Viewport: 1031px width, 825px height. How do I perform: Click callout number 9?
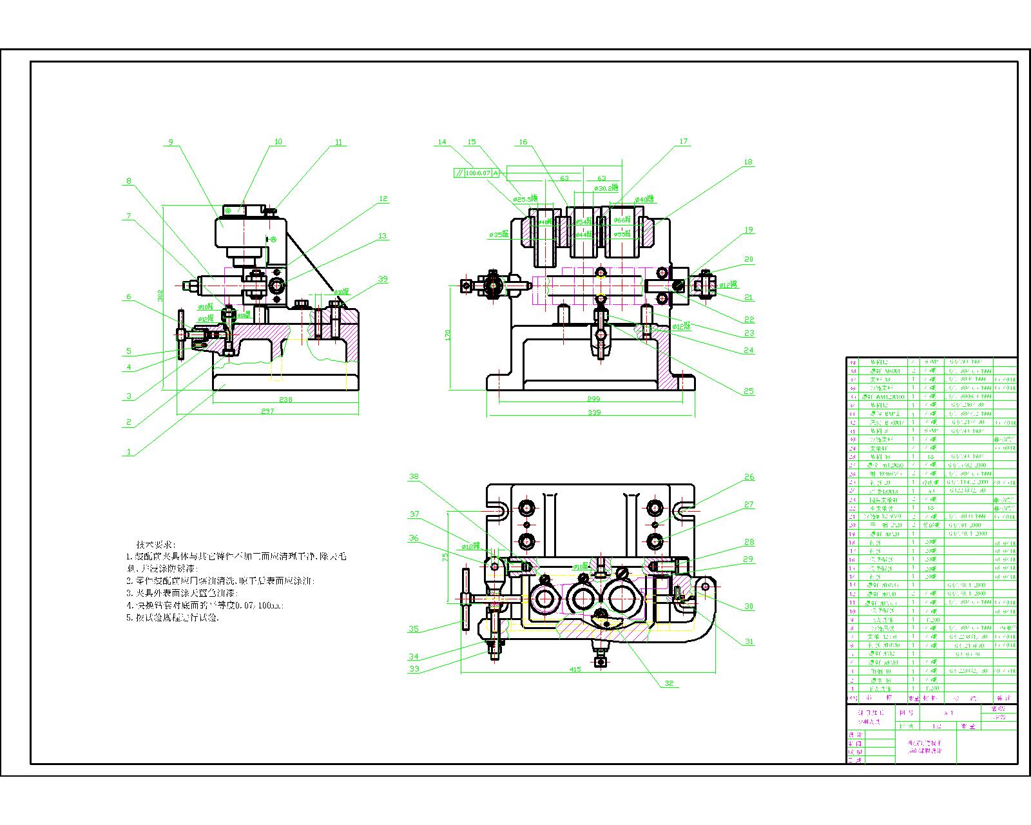click(x=171, y=142)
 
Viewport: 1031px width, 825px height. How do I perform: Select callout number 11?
click(x=339, y=142)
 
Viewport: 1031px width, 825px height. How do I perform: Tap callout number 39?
click(x=383, y=279)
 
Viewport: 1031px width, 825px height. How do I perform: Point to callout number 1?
click(x=129, y=452)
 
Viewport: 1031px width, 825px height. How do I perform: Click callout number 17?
click(x=684, y=141)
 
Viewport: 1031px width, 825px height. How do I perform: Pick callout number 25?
click(x=748, y=391)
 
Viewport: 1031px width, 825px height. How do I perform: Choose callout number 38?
click(x=414, y=477)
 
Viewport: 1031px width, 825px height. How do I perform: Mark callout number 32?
click(x=669, y=683)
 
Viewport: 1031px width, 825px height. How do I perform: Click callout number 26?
click(x=749, y=477)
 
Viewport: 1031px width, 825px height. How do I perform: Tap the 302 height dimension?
click(x=160, y=295)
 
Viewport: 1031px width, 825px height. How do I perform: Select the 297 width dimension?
click(x=267, y=411)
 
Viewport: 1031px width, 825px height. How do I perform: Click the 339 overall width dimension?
click(x=593, y=412)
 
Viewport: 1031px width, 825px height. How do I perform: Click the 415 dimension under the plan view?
click(x=575, y=669)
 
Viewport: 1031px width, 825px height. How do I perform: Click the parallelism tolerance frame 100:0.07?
click(x=476, y=173)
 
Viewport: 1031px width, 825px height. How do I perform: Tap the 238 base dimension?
click(x=285, y=400)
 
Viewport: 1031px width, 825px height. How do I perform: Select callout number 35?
click(x=414, y=629)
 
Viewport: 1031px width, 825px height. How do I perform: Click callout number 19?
click(x=748, y=230)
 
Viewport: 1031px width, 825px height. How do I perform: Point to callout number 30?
click(x=749, y=606)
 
